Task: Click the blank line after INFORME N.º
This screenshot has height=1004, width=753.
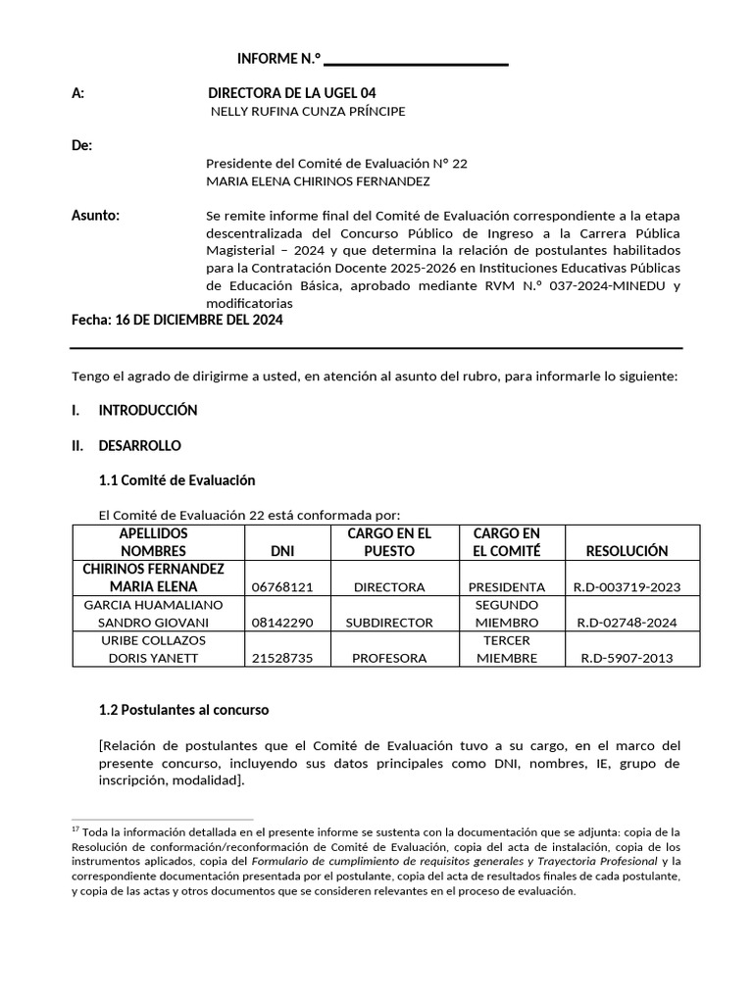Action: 416,62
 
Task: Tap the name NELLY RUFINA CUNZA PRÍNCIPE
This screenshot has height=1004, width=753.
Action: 308,112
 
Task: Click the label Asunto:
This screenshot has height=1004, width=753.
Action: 96,215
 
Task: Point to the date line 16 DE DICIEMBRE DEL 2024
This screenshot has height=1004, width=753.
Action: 177,321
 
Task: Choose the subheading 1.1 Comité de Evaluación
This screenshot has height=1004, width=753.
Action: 176,480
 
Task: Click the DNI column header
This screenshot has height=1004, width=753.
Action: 281,551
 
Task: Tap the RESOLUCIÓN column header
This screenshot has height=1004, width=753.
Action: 626,551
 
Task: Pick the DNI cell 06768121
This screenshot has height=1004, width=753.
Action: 282,587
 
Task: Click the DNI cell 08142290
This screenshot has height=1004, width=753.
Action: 282,623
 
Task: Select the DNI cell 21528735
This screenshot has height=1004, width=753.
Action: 282,658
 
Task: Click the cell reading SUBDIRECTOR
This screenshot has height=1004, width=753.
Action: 389,623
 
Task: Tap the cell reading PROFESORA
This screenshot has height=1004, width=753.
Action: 389,658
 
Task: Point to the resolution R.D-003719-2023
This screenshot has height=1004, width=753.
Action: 626,587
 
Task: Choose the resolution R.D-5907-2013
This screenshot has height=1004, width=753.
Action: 626,658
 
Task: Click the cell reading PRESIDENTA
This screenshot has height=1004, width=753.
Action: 507,587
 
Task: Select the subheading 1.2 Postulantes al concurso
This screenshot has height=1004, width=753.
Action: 183,709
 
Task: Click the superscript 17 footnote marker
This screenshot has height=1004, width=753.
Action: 76,828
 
